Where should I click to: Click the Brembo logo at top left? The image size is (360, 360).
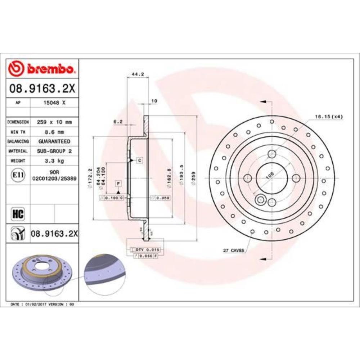coord(42,68)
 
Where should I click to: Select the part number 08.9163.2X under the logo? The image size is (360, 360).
coord(42,88)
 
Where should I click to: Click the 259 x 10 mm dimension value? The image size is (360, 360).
coord(54,122)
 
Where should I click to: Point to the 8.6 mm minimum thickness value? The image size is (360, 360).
coord(54,132)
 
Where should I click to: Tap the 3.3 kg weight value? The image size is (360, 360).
coord(54,161)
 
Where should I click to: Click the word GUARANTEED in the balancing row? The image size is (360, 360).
coord(54,141)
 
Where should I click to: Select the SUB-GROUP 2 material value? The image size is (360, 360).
coord(54,151)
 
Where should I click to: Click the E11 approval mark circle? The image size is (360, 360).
coord(18,175)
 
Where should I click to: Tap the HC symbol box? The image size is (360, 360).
coord(18,214)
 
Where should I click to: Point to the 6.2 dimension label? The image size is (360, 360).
coord(118,122)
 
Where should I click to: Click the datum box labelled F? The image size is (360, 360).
coord(118,184)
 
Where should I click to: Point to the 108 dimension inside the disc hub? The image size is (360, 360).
coord(269,175)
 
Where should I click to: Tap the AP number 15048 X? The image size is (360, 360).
coord(54,103)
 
